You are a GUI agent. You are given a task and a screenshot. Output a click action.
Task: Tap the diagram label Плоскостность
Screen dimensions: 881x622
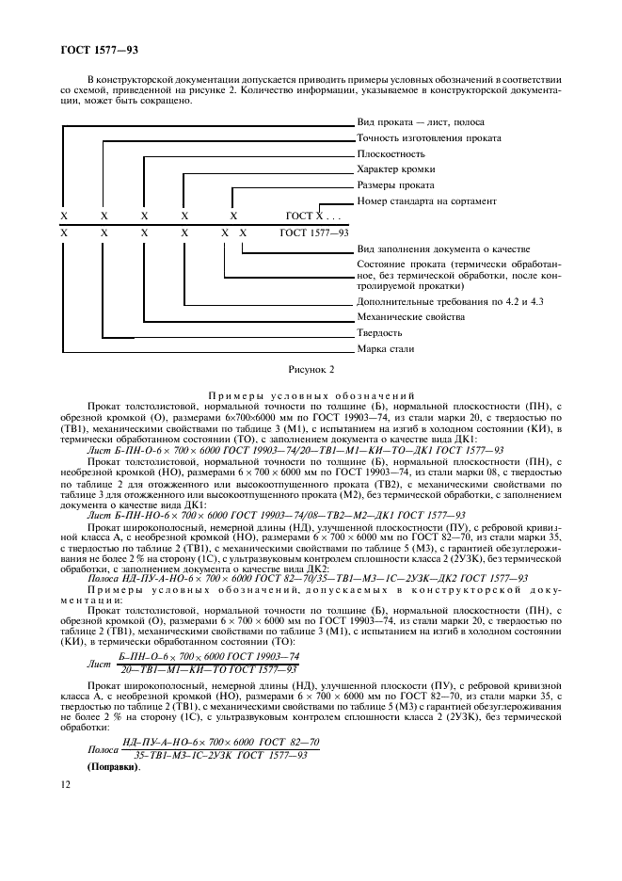click(x=391, y=153)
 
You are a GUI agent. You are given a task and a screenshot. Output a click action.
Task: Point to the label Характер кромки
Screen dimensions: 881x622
click(x=398, y=169)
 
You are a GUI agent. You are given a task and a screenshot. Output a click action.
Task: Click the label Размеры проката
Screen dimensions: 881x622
click(x=396, y=185)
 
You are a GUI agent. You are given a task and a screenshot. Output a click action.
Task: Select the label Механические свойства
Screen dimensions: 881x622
click(x=410, y=317)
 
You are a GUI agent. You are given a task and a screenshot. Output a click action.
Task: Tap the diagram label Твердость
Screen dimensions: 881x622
click(x=380, y=333)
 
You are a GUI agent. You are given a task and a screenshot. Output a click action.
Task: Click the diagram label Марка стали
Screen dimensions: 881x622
click(x=386, y=349)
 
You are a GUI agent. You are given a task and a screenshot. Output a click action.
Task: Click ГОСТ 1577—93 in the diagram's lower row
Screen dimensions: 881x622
click(x=314, y=232)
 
